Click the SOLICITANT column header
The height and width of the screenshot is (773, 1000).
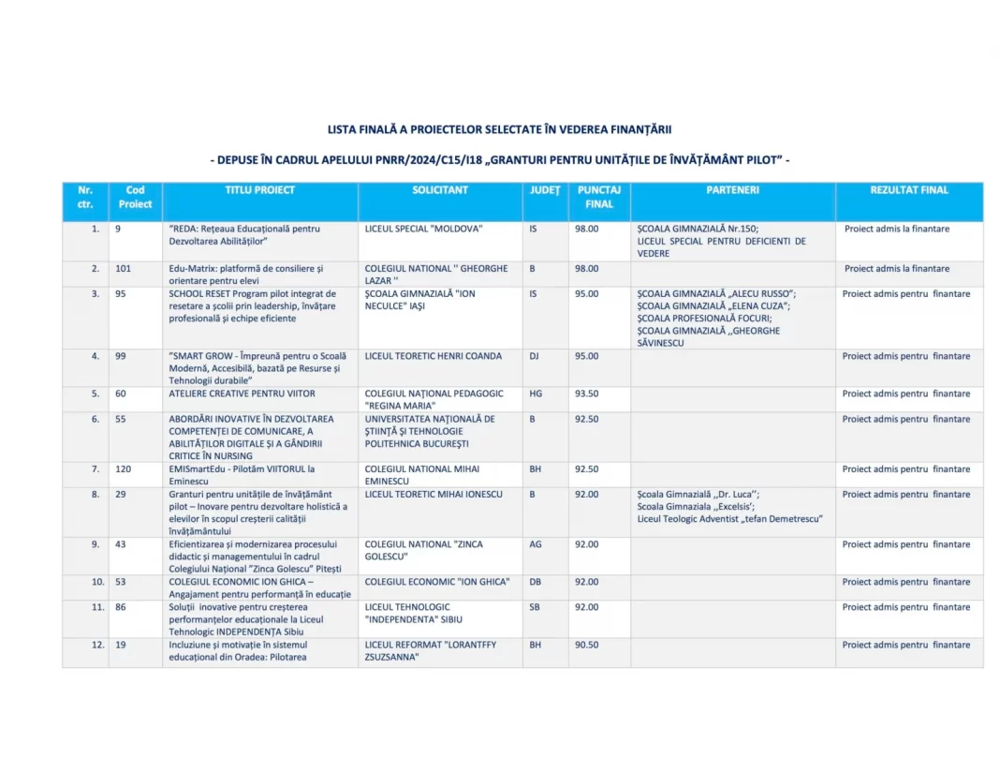point(440,190)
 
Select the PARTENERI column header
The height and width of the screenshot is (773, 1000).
point(732,190)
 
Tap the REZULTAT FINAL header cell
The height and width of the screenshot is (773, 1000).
point(908,190)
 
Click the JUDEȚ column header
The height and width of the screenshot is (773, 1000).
point(545,190)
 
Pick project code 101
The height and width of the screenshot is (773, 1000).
point(124,269)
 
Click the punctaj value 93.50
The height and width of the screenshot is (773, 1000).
point(587,394)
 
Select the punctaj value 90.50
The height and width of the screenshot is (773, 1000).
point(587,646)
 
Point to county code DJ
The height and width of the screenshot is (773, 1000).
point(534,357)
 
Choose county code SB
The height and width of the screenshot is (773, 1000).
point(534,607)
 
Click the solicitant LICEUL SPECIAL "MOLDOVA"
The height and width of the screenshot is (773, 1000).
point(423,229)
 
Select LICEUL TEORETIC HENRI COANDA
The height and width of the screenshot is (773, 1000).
point(433,357)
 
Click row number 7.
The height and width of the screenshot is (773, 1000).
point(95,469)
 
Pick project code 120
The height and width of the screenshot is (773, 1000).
point(124,469)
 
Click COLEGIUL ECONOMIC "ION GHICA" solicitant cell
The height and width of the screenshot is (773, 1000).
point(436,582)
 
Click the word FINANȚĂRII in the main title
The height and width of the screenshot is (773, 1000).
point(638,129)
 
